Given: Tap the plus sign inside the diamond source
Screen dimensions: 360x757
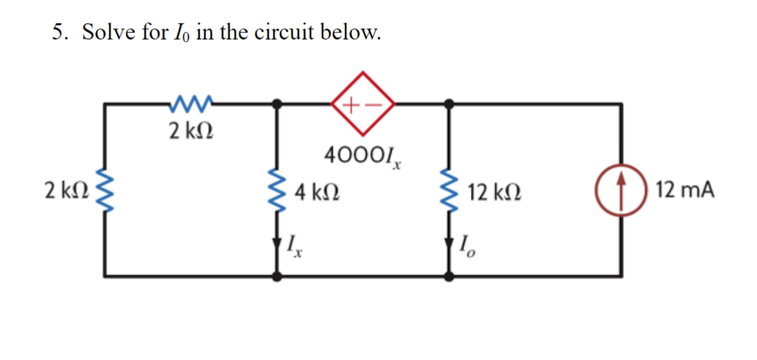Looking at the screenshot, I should point(351,104).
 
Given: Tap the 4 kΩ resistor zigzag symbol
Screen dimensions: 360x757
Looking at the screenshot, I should point(277,192).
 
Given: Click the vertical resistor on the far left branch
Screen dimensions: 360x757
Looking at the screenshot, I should point(104,190).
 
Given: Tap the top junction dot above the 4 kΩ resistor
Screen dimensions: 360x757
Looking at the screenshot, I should point(277,104).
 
